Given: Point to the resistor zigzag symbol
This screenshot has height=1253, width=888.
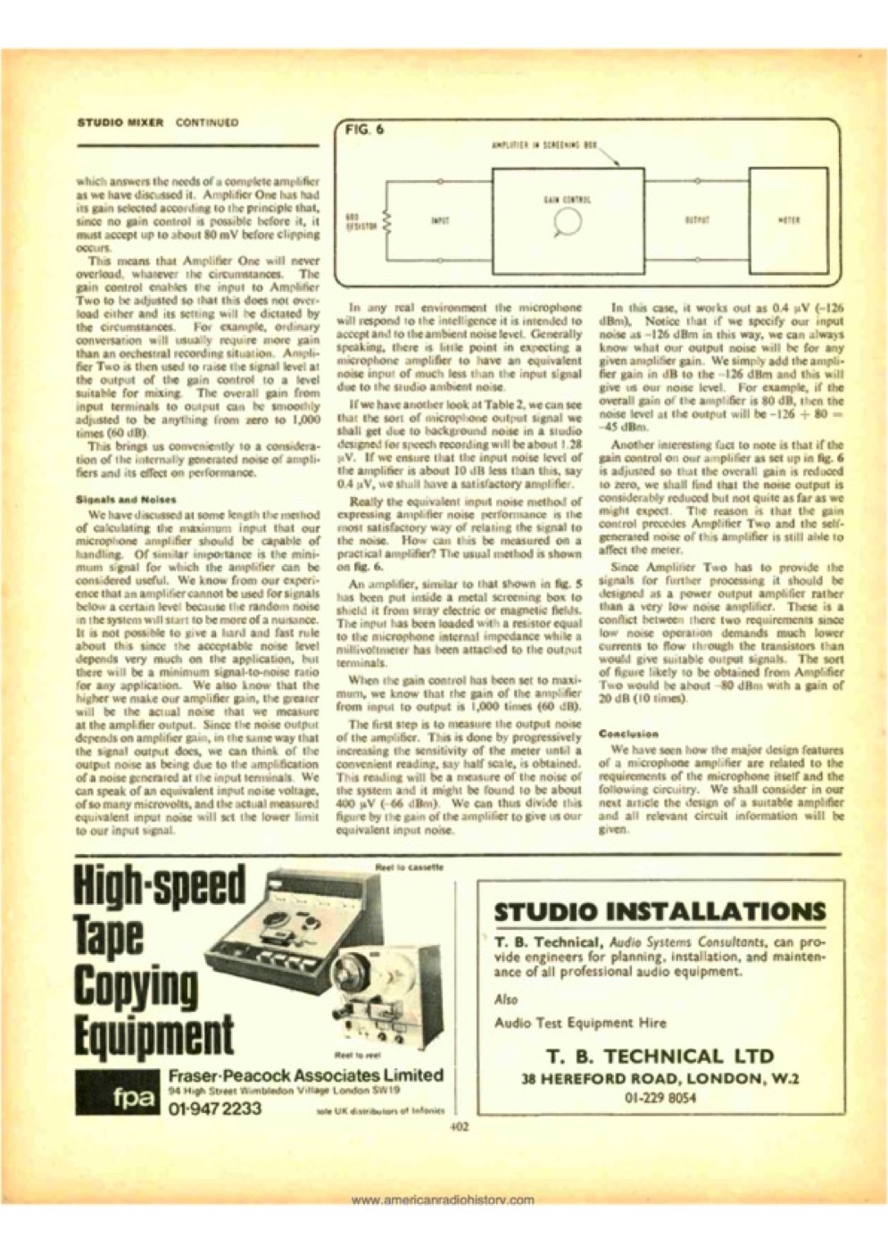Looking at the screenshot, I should click(386, 220).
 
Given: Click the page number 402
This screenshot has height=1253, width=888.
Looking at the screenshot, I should click(460, 1126).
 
